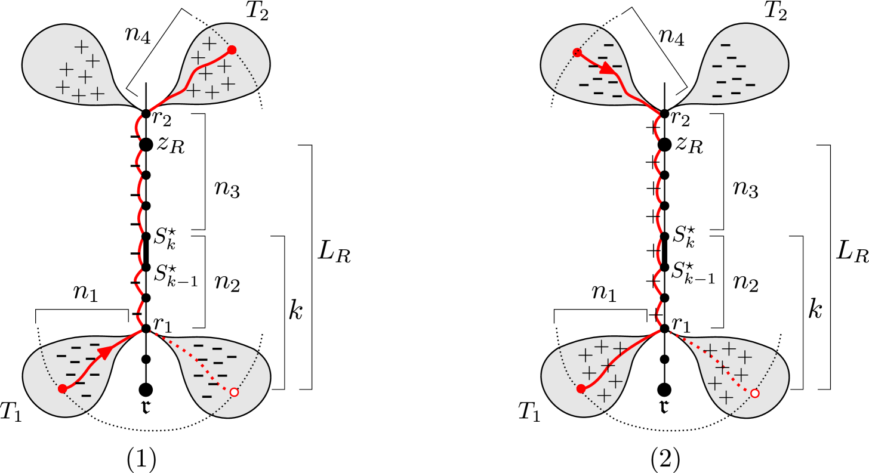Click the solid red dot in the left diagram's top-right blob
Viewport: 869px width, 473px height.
[232, 50]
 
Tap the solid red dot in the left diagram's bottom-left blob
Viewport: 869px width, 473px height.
[63, 389]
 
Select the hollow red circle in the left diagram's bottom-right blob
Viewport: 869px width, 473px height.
[234, 392]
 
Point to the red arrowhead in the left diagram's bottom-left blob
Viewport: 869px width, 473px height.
[104, 352]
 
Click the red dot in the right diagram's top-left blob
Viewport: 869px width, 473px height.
[577, 52]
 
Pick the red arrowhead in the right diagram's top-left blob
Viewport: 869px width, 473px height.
[608, 68]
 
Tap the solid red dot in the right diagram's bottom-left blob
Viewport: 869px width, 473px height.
[581, 389]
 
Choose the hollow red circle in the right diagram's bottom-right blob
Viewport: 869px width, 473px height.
[755, 393]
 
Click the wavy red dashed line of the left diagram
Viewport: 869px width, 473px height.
[139, 221]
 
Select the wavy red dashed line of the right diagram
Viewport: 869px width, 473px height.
[658, 221]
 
